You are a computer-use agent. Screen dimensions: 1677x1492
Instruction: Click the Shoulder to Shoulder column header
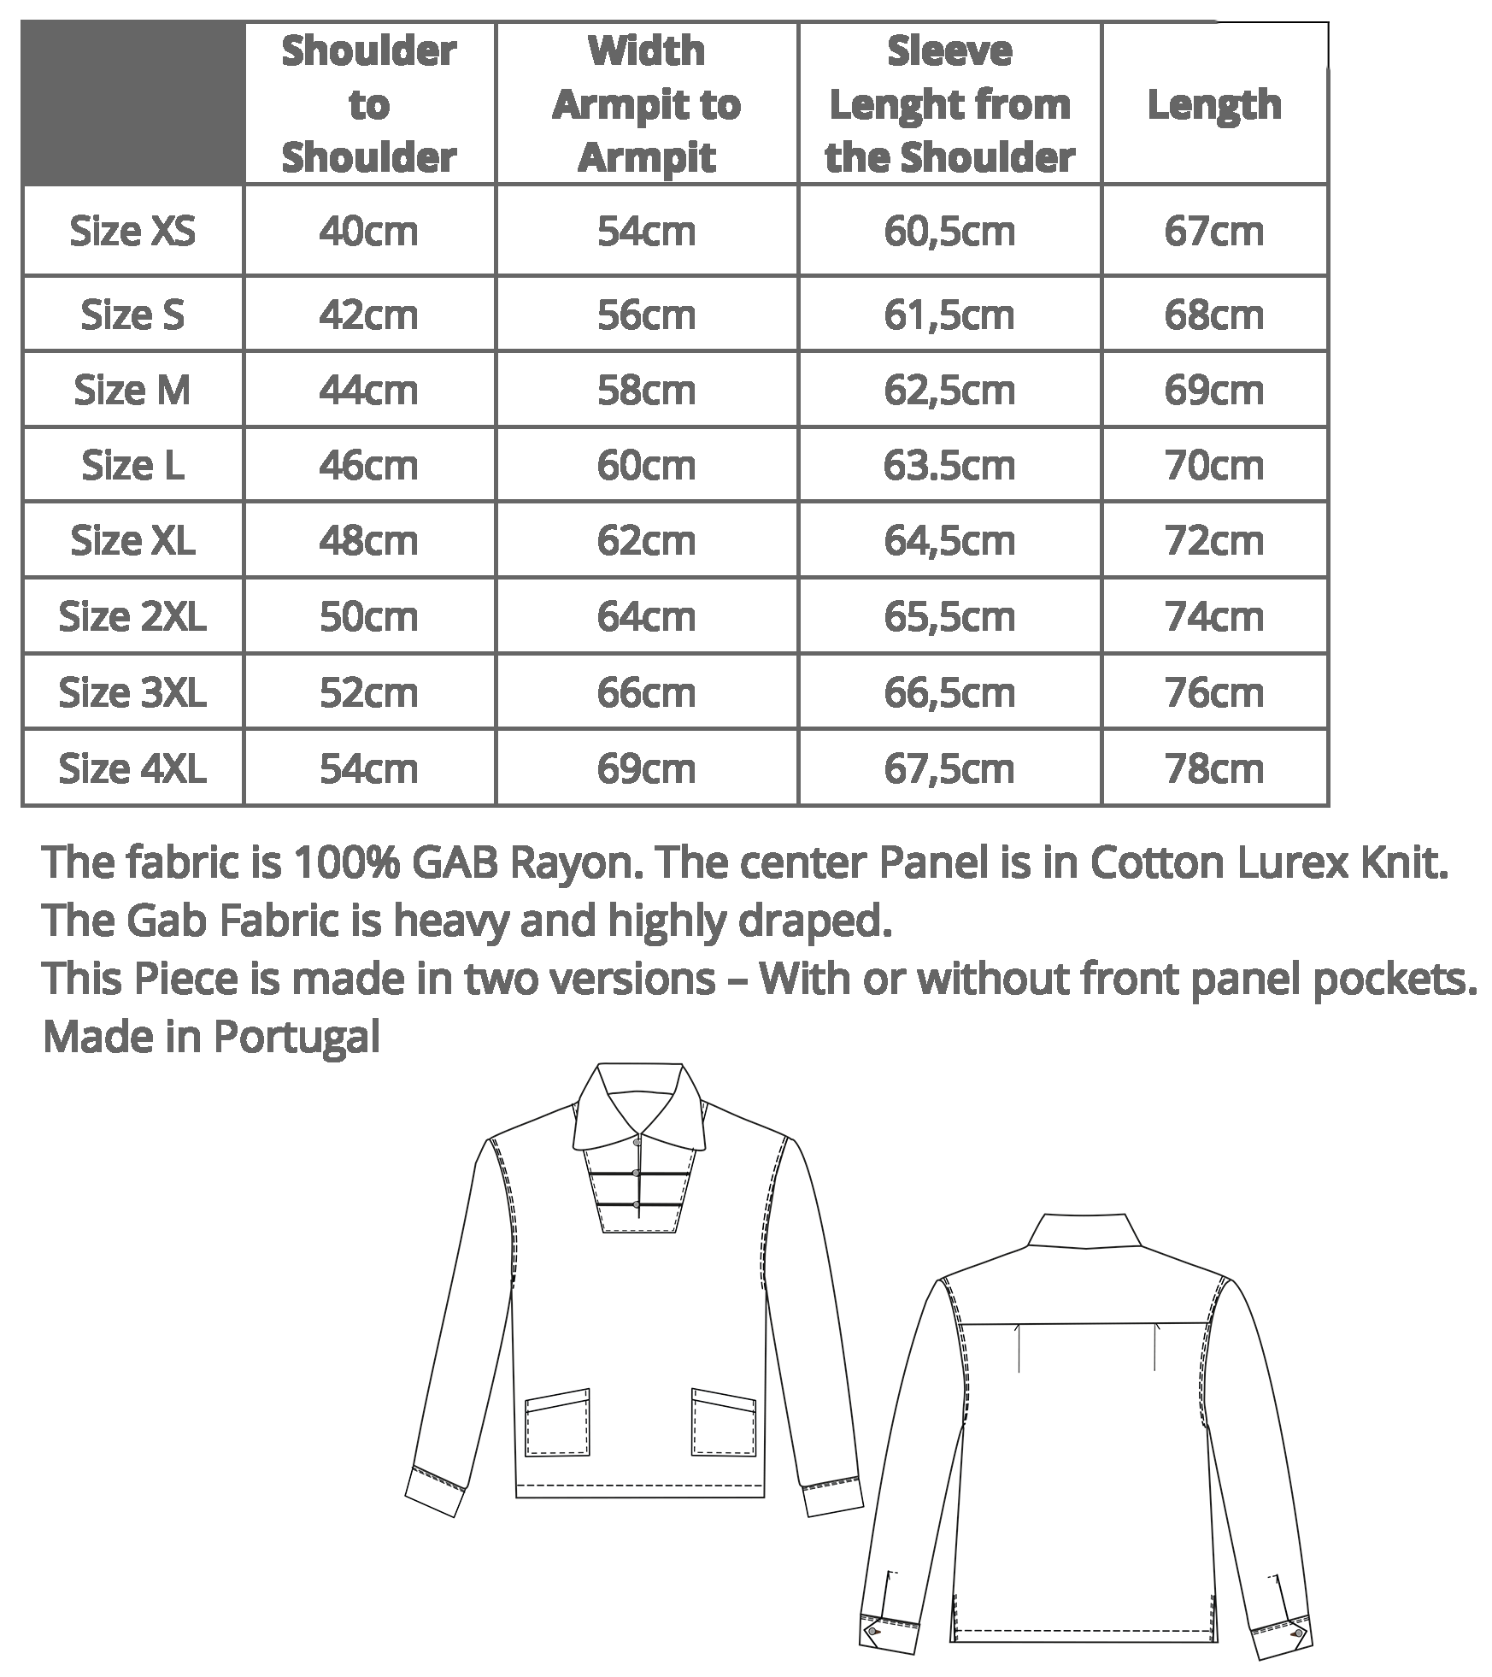click(x=368, y=104)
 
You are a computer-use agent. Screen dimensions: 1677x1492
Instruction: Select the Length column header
click(x=1213, y=104)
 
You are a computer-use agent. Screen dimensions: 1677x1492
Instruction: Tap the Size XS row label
click(x=132, y=232)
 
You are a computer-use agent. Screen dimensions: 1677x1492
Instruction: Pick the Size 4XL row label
click(x=132, y=768)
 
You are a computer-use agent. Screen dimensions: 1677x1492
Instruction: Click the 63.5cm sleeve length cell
click(x=949, y=466)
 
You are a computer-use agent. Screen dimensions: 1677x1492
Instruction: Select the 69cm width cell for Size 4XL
click(x=646, y=768)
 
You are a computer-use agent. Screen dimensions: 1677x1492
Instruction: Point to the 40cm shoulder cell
click(x=368, y=232)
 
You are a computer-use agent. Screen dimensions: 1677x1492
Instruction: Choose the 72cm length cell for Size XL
click(x=1213, y=541)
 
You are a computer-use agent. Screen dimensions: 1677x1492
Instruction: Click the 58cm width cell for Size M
click(x=646, y=391)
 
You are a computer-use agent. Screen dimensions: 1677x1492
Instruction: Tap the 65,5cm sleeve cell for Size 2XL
click(x=949, y=616)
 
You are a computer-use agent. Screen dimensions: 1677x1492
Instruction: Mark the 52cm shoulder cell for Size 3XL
click(x=368, y=692)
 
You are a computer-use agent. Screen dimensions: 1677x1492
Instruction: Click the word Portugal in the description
click(x=297, y=1038)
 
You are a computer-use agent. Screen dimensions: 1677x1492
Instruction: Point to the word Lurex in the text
click(x=1293, y=863)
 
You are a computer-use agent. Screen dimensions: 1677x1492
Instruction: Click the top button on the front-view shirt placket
click(x=637, y=1141)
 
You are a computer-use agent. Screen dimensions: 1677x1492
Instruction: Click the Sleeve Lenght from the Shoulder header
click(x=949, y=104)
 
